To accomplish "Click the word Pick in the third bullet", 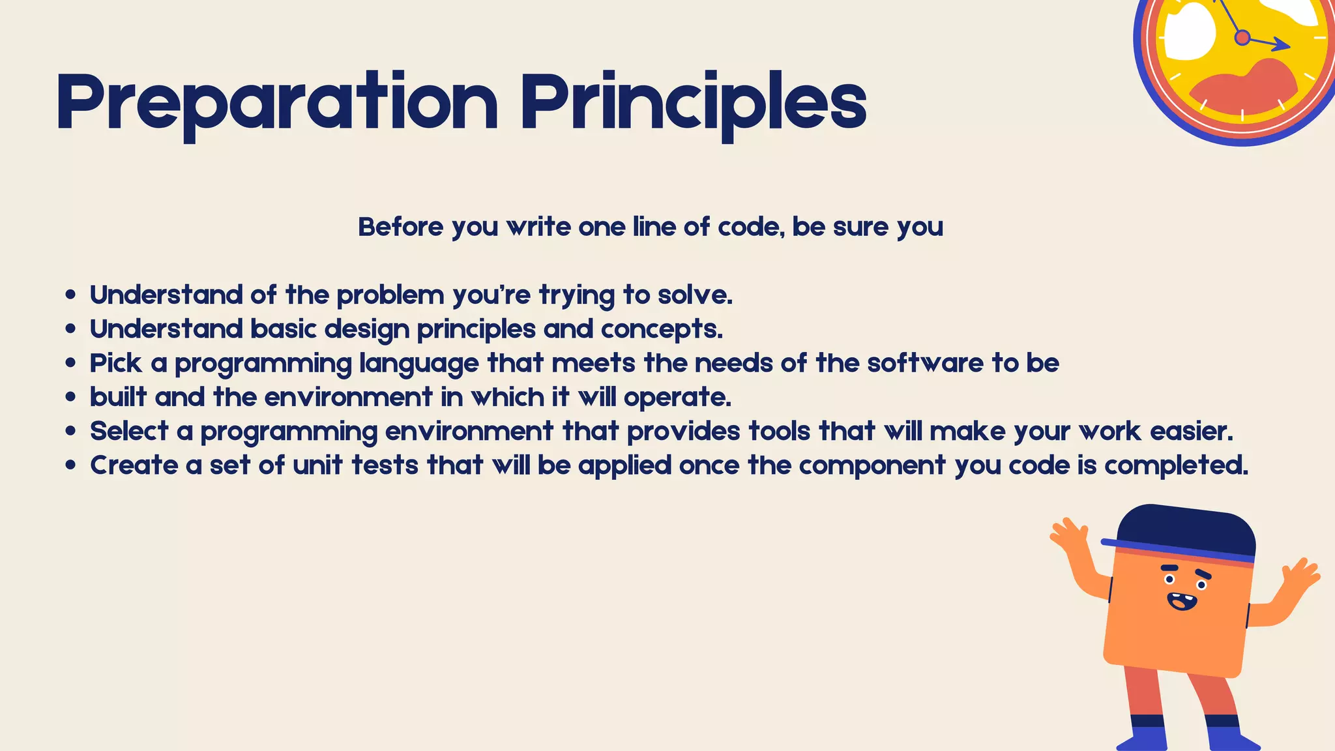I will [x=115, y=363].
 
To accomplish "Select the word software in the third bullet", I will [x=925, y=363].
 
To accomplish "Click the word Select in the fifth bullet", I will [x=129, y=431].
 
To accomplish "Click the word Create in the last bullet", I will [x=134, y=465].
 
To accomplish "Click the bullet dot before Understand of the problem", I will [x=71, y=295].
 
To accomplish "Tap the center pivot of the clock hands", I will [x=1242, y=38].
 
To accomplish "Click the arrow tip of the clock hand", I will [x=1287, y=46].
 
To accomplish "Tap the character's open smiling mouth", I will [x=1182, y=600].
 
